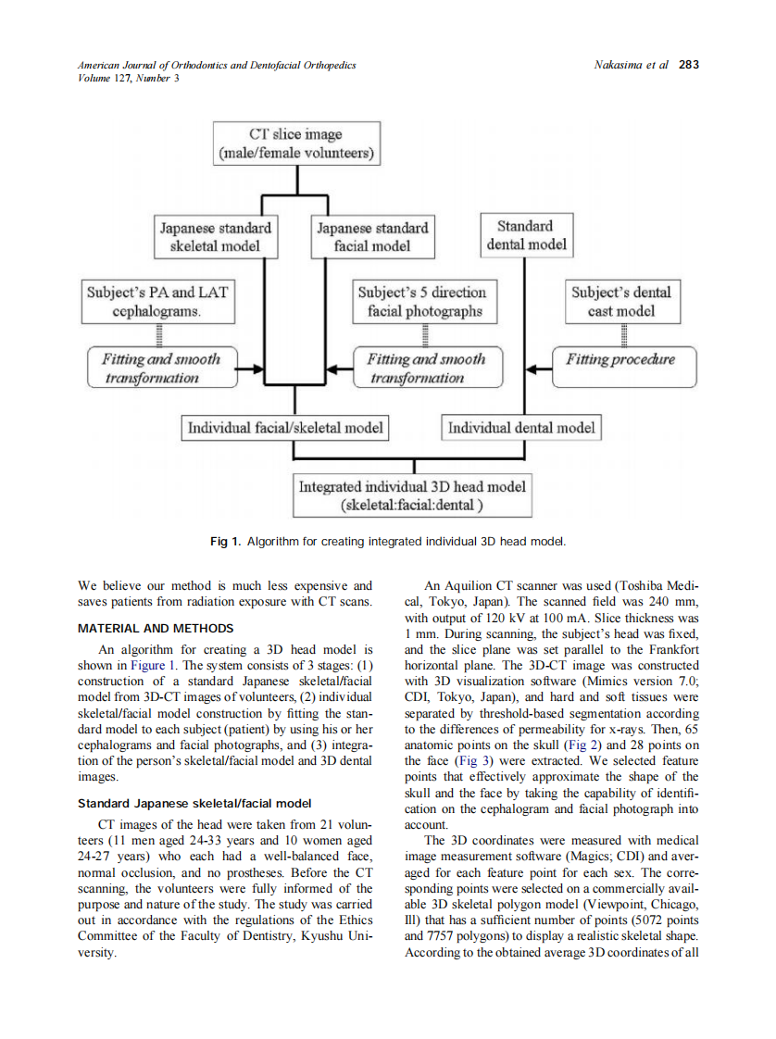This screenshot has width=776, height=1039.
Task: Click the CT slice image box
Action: pos(296,144)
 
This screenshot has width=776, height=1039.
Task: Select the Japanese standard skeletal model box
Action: pos(216,236)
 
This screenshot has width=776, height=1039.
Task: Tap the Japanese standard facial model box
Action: pos(372,236)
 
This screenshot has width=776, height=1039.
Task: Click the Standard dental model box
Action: pos(525,235)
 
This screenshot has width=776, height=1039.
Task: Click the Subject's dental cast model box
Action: pos(620,301)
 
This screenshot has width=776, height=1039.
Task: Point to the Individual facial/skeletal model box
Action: pos(284,428)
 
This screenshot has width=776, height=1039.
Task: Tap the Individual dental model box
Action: pos(521,428)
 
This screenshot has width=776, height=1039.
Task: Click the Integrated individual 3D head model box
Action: pos(412,495)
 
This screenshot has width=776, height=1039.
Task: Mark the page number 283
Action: pos(689,65)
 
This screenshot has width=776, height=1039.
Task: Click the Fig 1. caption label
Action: pos(225,541)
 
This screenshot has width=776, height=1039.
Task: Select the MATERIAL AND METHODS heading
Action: pos(156,629)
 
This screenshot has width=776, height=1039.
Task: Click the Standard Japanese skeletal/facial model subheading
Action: pos(194,803)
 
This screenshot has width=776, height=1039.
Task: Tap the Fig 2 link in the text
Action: pos(575,745)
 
